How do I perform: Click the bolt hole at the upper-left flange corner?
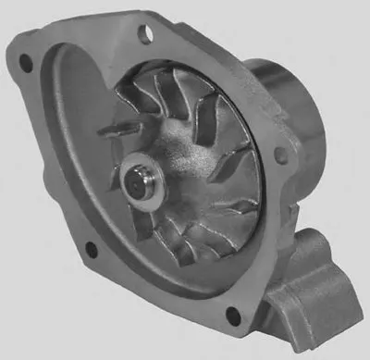tap(26, 65)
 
